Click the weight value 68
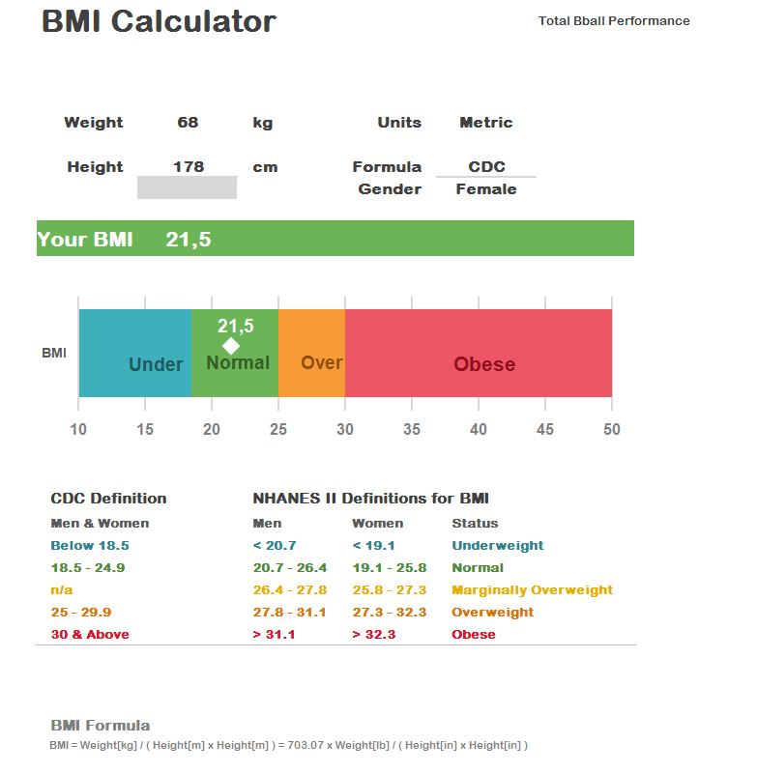coord(188,123)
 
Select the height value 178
coord(188,167)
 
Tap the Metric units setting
coord(485,123)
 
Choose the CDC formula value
coord(486,167)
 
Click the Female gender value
coord(485,189)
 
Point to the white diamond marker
coord(231,346)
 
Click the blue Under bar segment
coord(135,353)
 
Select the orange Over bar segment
coord(311,353)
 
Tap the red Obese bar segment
coord(479,353)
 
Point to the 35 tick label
coord(412,429)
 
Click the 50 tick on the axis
coord(612,429)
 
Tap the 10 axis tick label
coord(78,429)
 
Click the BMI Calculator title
coord(159,22)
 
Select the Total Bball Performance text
coord(614,20)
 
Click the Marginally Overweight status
coord(532,590)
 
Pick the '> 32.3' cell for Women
coord(373,635)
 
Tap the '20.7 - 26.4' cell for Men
coord(290,568)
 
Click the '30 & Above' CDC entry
coord(90,635)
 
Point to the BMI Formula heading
coord(101,726)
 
